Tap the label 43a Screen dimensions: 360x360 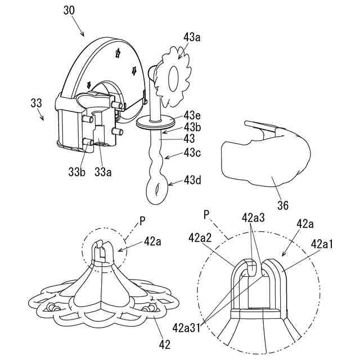point(193,38)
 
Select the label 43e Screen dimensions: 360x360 point(193,115)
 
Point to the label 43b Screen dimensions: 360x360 point(193,126)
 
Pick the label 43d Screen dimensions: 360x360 point(194,181)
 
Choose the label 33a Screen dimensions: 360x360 point(103,173)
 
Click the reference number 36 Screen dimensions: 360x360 point(283,206)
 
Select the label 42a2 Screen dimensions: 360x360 point(201,238)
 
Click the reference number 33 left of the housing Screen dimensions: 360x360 point(36,103)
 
